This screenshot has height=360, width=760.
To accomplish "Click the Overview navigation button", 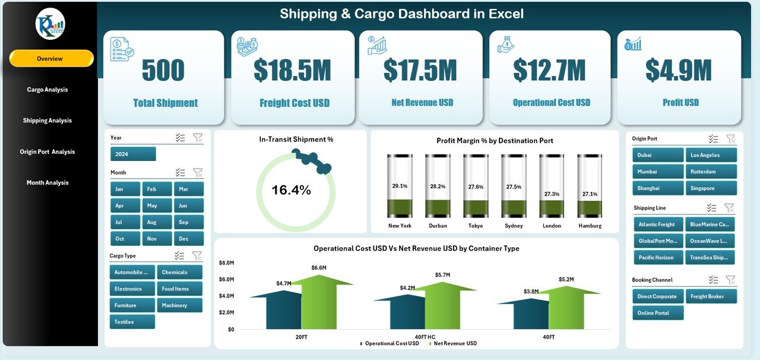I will (x=51, y=59).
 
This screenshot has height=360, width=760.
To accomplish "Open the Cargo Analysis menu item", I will (x=47, y=90).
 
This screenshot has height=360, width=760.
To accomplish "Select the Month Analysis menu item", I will (x=47, y=182).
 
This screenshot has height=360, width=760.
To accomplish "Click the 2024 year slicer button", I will (x=133, y=154).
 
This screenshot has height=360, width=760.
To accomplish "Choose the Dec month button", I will (x=188, y=239).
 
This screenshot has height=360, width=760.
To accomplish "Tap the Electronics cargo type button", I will (x=132, y=289).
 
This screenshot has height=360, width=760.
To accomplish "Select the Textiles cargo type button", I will (x=132, y=322).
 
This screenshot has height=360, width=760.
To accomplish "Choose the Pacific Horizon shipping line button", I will (x=657, y=257).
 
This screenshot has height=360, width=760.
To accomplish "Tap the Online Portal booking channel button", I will (x=657, y=313).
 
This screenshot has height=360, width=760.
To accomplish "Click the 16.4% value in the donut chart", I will (x=291, y=190).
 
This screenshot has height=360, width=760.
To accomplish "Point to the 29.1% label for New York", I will (x=400, y=186).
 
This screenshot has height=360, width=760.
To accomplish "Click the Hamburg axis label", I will (x=590, y=226).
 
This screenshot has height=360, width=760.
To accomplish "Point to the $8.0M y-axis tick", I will (x=227, y=263).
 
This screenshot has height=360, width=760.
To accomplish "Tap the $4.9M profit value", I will (x=679, y=70).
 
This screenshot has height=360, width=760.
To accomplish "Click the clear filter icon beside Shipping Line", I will (x=729, y=208).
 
